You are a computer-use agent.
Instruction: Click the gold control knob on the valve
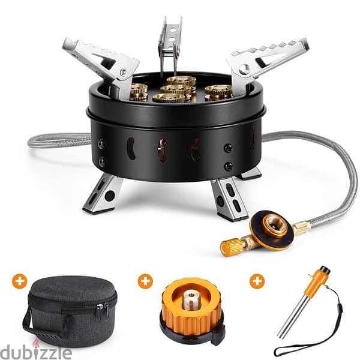pyautogui.click(x=231, y=245)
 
